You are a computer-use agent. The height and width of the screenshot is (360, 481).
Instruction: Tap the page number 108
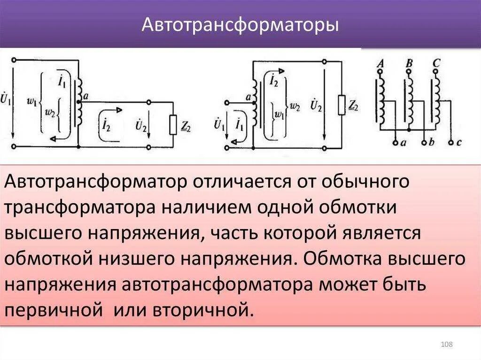pos(446,345)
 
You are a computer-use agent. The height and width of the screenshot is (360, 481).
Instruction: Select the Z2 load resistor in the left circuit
pos(173,124)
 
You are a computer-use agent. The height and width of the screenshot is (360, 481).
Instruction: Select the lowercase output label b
pos(431,142)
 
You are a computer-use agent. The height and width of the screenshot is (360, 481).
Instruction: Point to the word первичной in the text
pos(54,309)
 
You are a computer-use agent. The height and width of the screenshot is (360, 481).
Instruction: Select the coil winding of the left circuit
pos(79,101)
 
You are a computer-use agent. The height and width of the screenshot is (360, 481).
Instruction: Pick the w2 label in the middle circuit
pos(295,106)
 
